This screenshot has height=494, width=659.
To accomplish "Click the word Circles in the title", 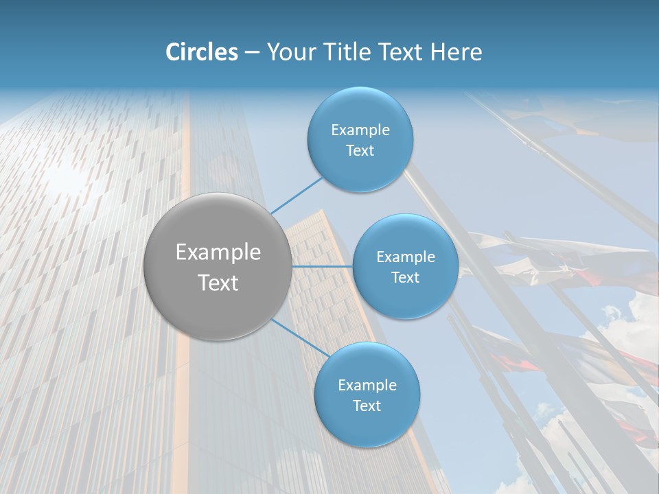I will tap(202, 52).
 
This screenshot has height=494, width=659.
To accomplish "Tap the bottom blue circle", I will tap(367, 429).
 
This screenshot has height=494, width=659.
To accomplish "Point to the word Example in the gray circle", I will tap(218, 252).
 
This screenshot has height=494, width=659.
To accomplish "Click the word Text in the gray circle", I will tap(218, 283).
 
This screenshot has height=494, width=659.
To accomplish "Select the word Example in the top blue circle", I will tap(360, 130).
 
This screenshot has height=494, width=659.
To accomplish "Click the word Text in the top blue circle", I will tap(360, 151).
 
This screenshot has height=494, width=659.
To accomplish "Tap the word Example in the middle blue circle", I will tap(406, 257).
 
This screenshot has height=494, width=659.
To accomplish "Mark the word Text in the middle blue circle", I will tap(405, 278).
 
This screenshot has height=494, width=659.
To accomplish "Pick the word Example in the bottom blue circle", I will tap(367, 386).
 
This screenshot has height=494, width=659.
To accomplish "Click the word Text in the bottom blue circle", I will tap(367, 406).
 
